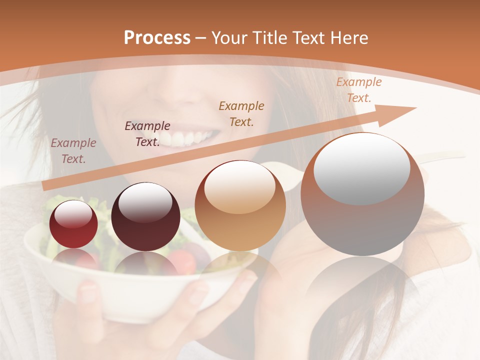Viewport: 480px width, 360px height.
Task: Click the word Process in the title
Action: [x=157, y=38]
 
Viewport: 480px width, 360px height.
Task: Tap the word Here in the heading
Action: [x=348, y=38]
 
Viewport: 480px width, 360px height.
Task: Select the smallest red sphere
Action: [x=73, y=224]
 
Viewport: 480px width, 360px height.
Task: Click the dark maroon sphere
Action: [x=145, y=216]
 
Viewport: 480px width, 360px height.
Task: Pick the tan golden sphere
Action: [x=240, y=205]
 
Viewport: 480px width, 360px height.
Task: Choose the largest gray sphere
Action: [x=362, y=194]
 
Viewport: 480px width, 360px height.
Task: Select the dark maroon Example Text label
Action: [x=147, y=133]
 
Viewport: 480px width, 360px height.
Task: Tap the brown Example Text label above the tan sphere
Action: [x=241, y=113]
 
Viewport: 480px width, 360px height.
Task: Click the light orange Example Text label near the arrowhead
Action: [x=358, y=90]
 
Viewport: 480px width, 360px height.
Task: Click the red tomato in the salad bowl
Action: [x=180, y=260]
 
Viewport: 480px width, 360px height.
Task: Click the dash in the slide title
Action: [x=200, y=38]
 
